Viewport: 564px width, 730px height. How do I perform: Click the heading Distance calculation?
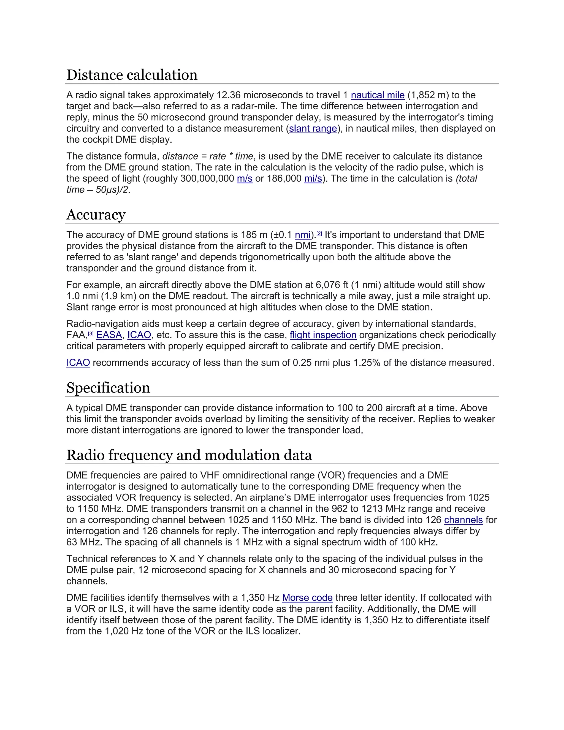coord(132,75)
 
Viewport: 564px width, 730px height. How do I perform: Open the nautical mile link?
coord(378,95)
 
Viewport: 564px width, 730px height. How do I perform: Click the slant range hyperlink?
coord(313,129)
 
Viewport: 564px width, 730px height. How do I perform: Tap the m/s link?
coord(245,179)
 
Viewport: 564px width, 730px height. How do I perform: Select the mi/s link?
coord(313,179)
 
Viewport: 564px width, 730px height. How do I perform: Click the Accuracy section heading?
coord(96,215)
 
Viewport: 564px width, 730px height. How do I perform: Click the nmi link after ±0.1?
coord(303,235)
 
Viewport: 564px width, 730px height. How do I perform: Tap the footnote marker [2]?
coord(319,234)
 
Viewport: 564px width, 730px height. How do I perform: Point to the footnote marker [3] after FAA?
coord(91,334)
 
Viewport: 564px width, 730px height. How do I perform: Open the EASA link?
coord(109,335)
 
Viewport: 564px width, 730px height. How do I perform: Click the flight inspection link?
coord(323,335)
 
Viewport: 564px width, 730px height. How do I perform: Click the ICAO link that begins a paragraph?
coord(78,363)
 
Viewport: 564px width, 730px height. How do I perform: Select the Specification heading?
coord(108,388)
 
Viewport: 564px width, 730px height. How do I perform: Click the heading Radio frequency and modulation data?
coord(189,455)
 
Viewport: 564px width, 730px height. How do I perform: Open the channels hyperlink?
coord(463,520)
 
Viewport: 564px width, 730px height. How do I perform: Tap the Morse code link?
coord(307,598)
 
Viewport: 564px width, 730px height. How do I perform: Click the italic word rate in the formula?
coord(218,156)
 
